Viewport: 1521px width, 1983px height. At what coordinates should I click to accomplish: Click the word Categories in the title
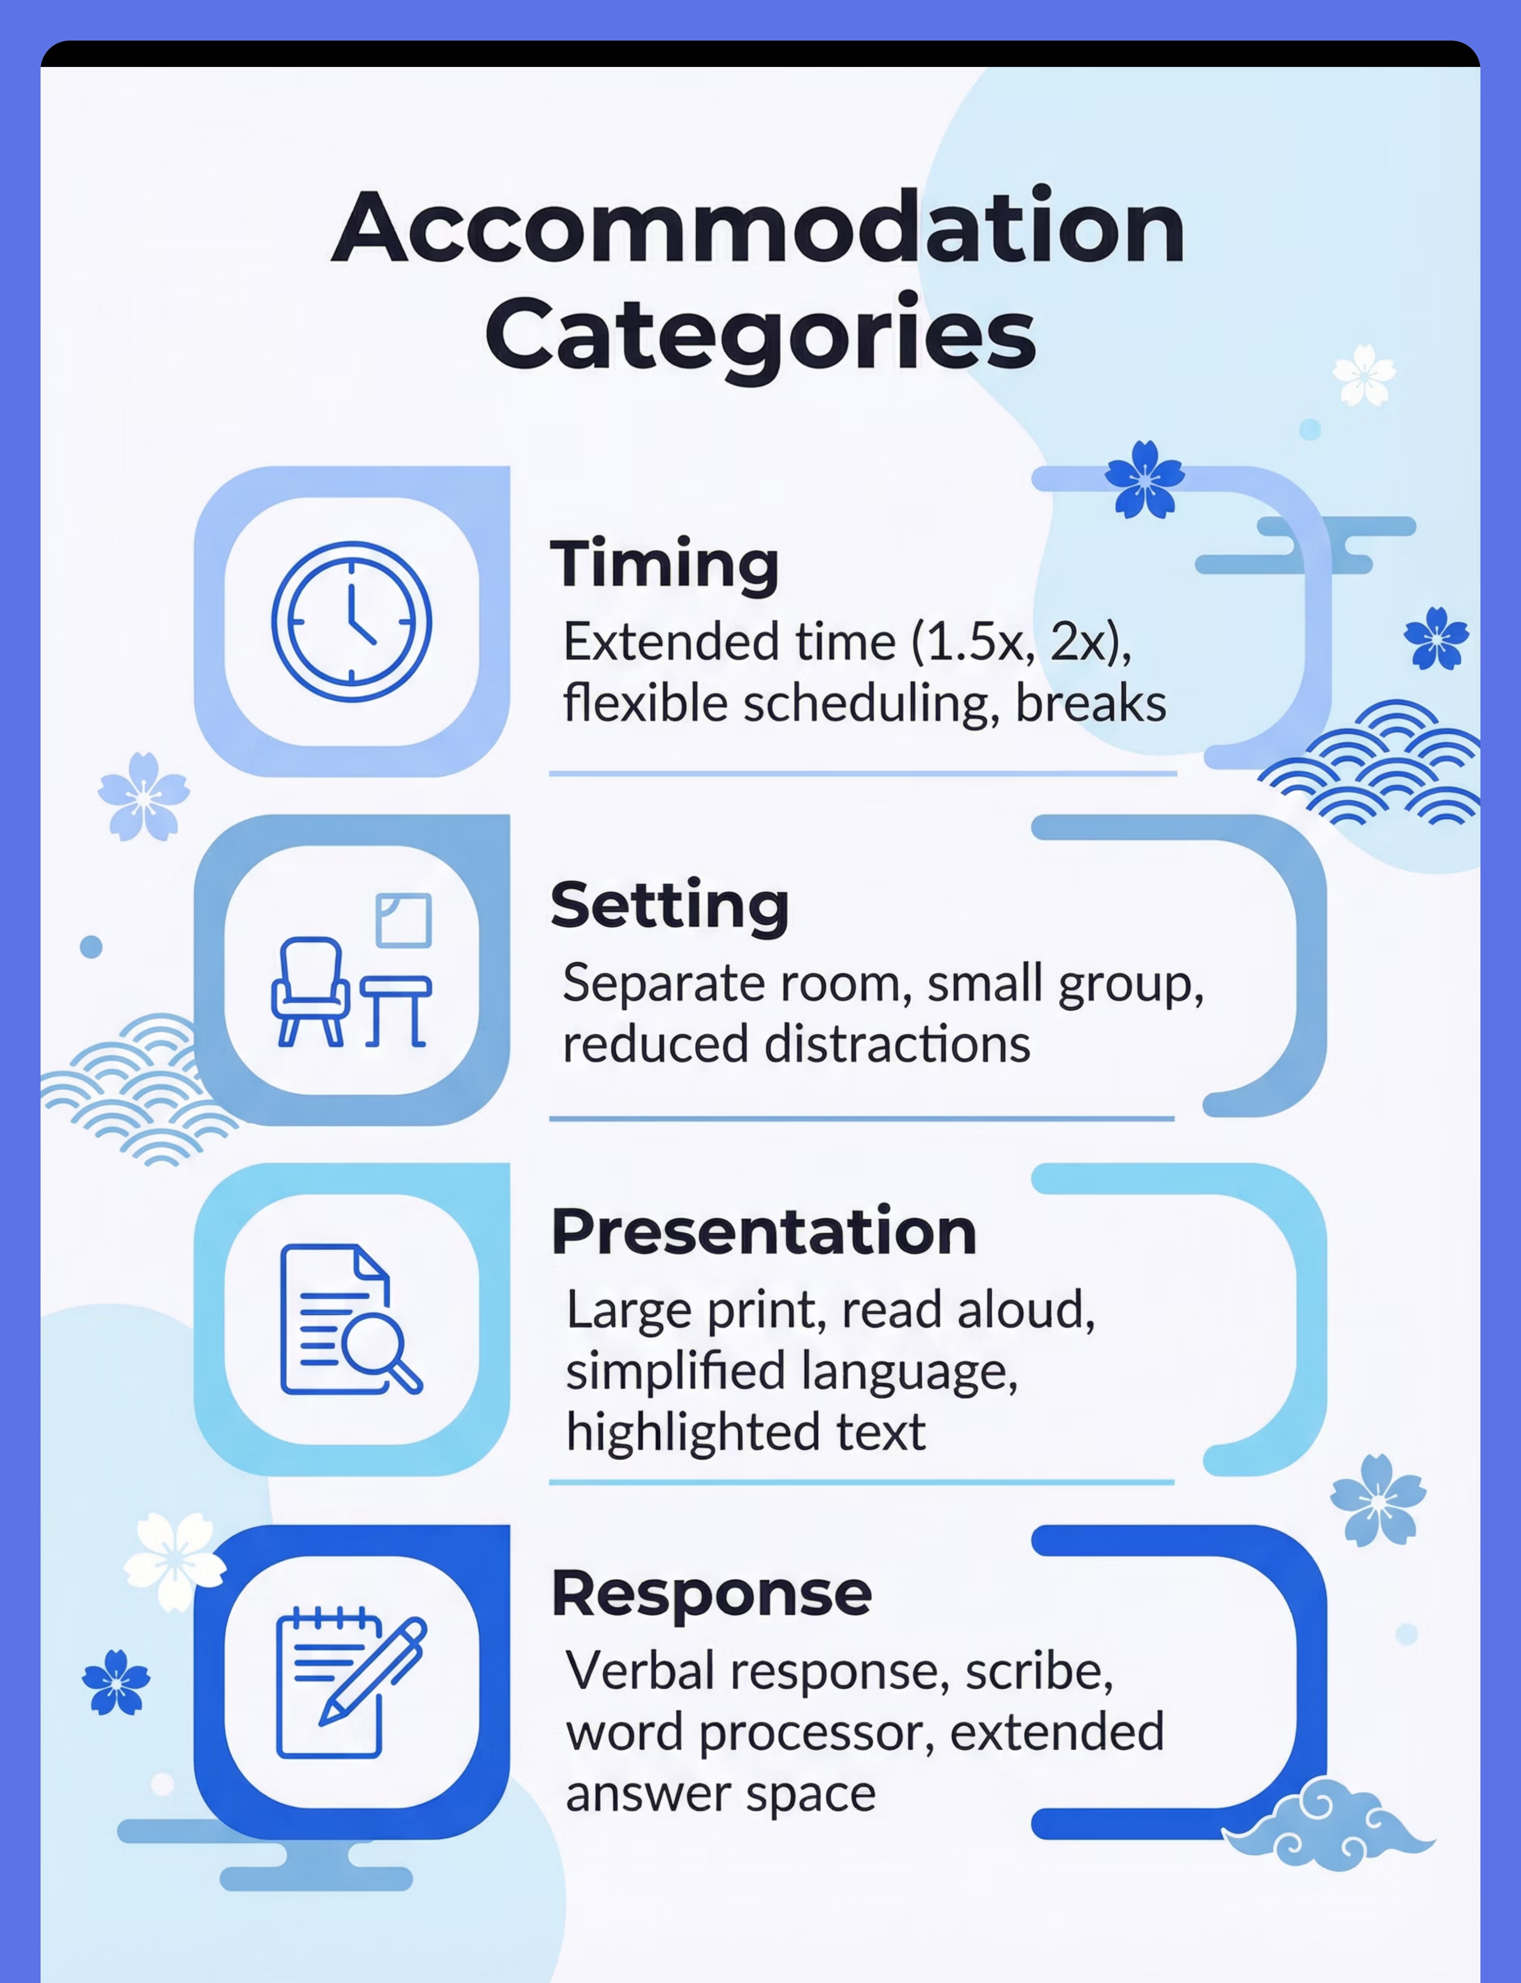760,335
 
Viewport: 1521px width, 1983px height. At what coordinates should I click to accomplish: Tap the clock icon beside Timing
351,621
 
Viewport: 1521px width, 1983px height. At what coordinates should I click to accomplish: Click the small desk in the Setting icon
395,1012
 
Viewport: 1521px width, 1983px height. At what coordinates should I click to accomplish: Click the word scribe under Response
1039,1671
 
